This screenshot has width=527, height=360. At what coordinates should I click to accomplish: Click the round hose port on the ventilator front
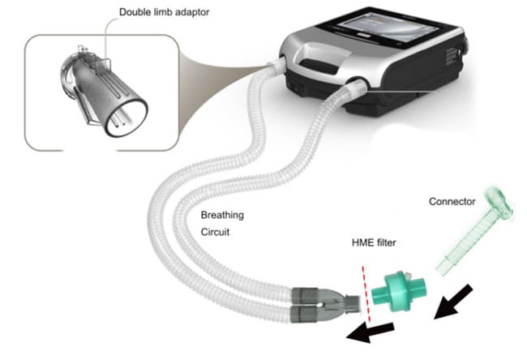356,88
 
